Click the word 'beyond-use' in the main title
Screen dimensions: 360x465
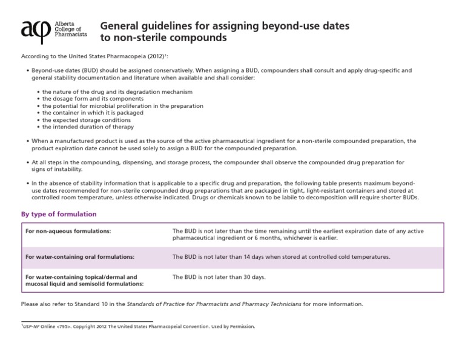click(283, 27)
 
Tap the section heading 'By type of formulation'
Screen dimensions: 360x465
click(59, 214)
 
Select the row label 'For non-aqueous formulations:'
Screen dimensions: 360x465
click(68, 232)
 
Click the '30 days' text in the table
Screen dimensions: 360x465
click(254, 277)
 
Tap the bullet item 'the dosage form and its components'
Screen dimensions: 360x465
click(93, 99)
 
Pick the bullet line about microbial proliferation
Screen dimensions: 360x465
click(123, 106)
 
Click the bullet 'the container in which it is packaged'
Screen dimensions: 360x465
click(93, 113)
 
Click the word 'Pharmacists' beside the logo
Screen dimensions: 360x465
click(70, 35)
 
